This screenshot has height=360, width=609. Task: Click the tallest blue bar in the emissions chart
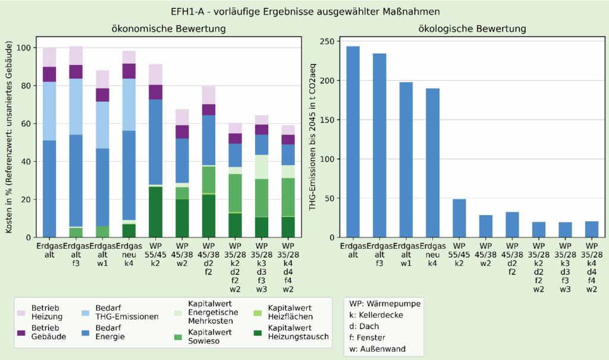click(353, 143)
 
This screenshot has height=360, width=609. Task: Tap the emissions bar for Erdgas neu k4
click(434, 164)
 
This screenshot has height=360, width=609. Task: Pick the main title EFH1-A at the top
click(304, 10)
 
